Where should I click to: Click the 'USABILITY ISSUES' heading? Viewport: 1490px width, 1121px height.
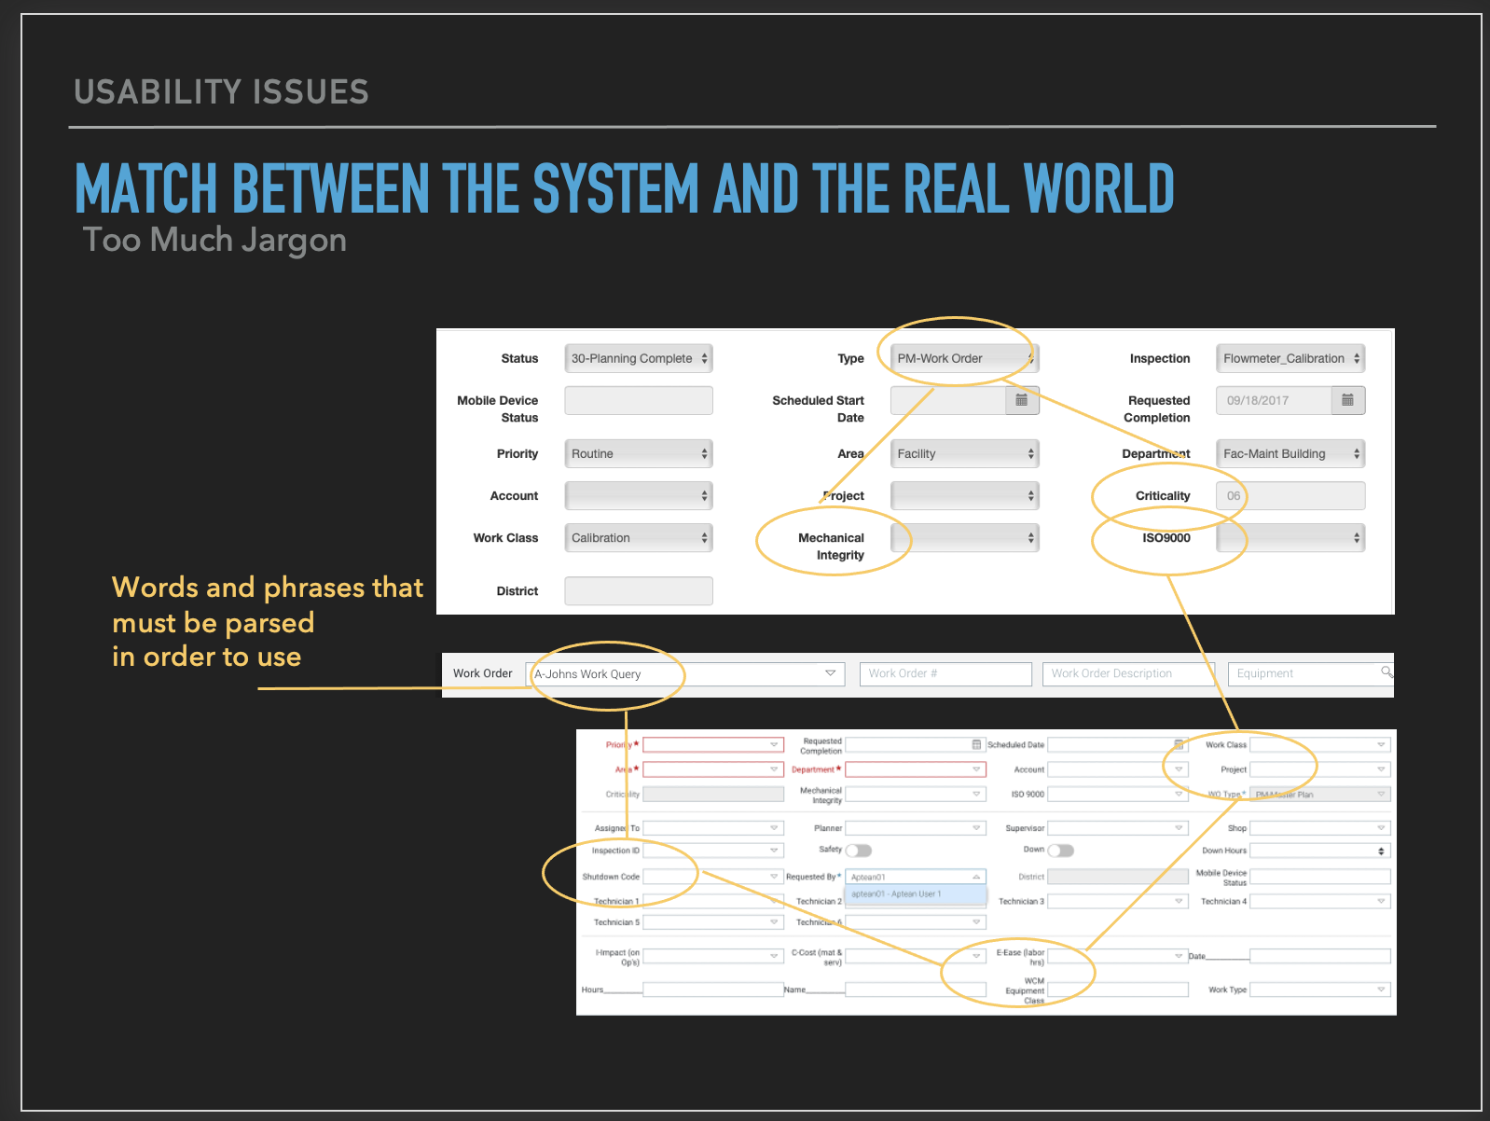[x=221, y=91]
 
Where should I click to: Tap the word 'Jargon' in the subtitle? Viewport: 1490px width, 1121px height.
[x=294, y=241]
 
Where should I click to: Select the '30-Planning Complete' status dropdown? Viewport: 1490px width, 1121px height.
[x=639, y=358]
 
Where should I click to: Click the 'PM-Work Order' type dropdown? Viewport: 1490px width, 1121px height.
[x=964, y=358]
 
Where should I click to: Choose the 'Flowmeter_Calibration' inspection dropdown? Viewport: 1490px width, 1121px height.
[x=1290, y=358]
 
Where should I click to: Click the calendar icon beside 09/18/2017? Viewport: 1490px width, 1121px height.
[x=1347, y=400]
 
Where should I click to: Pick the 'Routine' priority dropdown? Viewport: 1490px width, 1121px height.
[x=639, y=454]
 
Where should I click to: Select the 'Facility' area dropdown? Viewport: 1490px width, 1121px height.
[x=964, y=454]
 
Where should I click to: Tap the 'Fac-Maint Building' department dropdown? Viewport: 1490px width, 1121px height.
[x=1290, y=454]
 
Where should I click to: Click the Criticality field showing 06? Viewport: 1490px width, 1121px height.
[x=1290, y=496]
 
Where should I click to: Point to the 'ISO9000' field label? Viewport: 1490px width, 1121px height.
[x=1166, y=538]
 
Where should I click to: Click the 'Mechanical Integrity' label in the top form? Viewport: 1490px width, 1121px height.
[x=831, y=547]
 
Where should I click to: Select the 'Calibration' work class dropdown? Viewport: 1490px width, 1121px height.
[x=639, y=538]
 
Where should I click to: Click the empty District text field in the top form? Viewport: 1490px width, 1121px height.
[x=639, y=591]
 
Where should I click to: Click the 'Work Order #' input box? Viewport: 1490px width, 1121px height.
[x=945, y=674]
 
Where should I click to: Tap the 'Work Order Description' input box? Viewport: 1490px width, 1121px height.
[x=1127, y=674]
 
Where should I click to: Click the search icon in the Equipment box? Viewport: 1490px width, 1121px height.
[x=1387, y=672]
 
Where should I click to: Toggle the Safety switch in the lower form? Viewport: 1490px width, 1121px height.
[x=858, y=851]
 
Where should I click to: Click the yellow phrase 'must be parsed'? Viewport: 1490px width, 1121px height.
[x=213, y=623]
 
